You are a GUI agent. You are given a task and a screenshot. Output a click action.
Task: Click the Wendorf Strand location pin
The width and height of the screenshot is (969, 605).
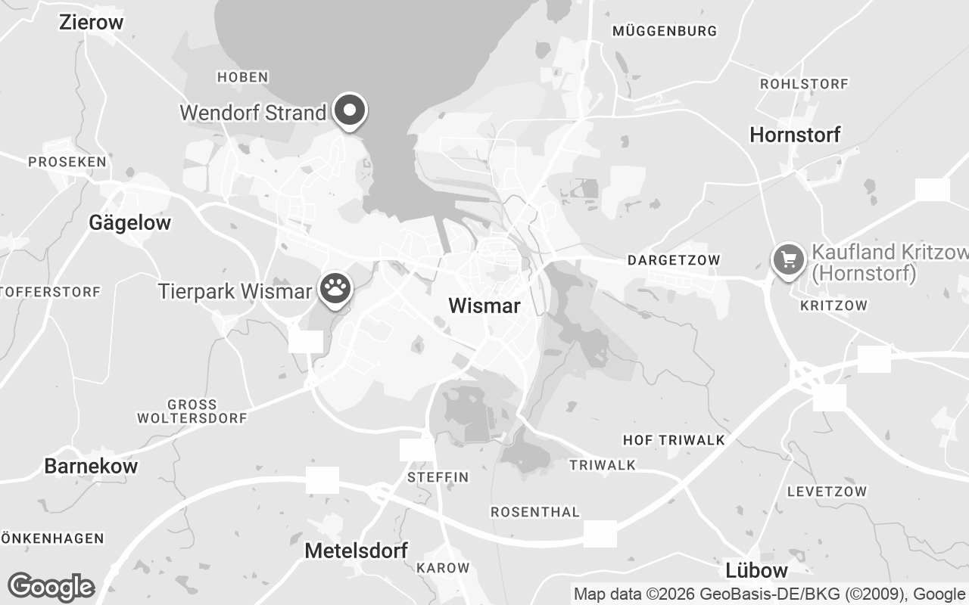point(350,111)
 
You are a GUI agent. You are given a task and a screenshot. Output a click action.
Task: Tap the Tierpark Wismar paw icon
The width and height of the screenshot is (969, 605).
point(335,288)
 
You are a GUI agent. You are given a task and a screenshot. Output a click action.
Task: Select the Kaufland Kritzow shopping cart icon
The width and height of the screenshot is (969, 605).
point(789,261)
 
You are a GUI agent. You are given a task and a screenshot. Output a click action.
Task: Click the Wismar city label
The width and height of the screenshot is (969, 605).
point(484,306)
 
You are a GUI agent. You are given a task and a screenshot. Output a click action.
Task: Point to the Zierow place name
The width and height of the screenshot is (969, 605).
point(91,22)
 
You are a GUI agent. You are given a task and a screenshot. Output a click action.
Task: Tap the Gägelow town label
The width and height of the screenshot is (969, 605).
point(129,222)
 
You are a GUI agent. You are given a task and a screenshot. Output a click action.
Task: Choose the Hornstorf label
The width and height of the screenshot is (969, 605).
point(795,135)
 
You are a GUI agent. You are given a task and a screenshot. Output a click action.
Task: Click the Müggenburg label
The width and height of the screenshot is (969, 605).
point(665,31)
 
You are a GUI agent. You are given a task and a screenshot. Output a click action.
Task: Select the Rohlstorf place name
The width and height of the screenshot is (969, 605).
point(804,83)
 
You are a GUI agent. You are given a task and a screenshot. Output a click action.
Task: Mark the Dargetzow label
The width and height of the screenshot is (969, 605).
point(674,260)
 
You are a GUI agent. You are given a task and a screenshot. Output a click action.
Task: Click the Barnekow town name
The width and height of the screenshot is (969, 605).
point(91,466)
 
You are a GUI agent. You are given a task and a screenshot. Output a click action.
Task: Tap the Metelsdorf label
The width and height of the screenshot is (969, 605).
point(356,551)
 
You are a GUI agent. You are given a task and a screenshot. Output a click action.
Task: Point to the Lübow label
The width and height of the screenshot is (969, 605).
point(756,570)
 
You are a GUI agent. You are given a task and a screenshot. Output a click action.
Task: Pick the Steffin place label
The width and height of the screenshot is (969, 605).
point(438,477)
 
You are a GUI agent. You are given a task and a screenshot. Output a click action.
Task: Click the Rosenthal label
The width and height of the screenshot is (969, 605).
point(534,512)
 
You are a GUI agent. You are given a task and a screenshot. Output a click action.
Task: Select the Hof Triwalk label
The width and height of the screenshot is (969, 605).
point(674,440)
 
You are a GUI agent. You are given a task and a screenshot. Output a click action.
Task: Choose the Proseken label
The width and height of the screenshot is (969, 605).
point(67,162)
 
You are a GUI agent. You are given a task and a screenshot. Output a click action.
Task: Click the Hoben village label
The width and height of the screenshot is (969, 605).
point(242,77)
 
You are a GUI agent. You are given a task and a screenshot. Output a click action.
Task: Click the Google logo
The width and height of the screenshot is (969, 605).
point(51,587)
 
